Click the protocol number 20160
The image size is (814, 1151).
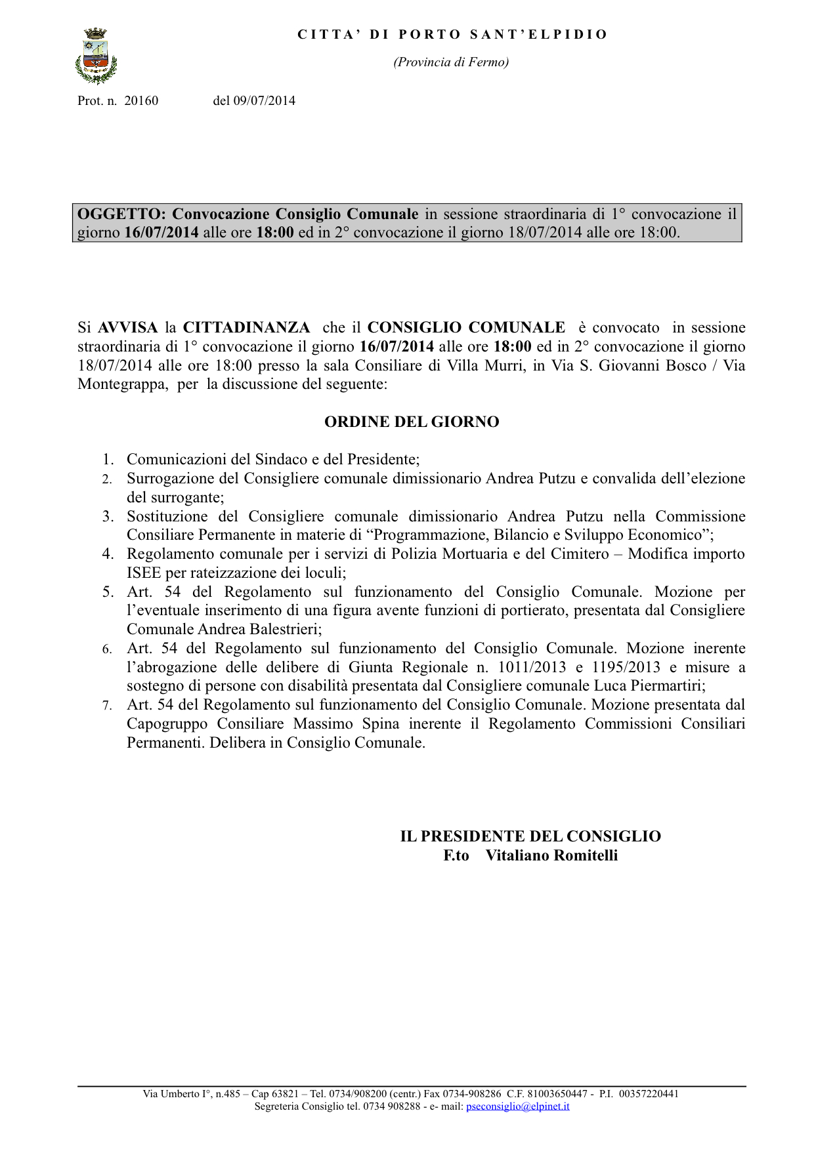[x=141, y=100]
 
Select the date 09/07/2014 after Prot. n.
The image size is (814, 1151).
[x=264, y=100]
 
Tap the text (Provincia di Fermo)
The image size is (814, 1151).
[x=451, y=62]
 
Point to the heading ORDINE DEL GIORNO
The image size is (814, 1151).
[x=412, y=422]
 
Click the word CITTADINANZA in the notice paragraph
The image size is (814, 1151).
[x=246, y=327]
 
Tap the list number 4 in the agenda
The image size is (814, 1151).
[x=108, y=554]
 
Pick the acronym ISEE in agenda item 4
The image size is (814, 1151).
[x=144, y=573]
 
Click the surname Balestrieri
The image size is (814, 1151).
[x=285, y=629]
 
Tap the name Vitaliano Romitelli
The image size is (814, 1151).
[x=551, y=855]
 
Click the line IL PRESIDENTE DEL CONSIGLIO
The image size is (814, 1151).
[x=530, y=836]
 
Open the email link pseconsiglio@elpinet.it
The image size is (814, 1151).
[x=517, y=1106]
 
